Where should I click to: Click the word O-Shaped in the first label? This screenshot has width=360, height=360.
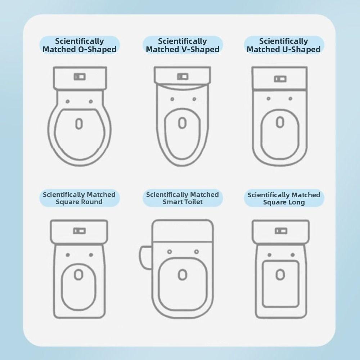[x=97, y=50]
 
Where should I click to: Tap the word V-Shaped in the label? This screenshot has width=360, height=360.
[x=201, y=50]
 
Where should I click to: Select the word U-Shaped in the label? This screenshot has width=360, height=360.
[x=302, y=50]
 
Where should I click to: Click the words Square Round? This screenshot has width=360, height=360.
[x=79, y=202]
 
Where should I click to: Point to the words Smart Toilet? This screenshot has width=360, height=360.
[x=183, y=202]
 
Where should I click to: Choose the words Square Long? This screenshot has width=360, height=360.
[x=284, y=202]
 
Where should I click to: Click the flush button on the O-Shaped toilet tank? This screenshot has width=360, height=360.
[x=80, y=77]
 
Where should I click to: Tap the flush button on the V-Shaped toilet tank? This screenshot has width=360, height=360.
[x=183, y=77]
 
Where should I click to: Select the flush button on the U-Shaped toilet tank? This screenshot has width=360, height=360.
[x=280, y=79]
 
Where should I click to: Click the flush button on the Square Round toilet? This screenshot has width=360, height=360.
[x=79, y=231]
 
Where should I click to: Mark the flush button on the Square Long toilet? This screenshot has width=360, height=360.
[x=281, y=231]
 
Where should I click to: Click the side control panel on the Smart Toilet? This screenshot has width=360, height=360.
[x=145, y=256]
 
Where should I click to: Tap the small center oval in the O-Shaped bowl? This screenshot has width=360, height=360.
[x=79, y=123]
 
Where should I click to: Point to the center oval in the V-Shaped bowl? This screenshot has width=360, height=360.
[x=183, y=123]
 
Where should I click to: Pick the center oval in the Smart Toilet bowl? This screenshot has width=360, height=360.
[x=183, y=275]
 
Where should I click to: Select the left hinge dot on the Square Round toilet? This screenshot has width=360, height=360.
[x=68, y=255]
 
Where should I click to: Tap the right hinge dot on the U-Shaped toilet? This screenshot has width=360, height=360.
[x=290, y=99]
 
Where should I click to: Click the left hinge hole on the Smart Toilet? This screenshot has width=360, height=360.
[x=170, y=252]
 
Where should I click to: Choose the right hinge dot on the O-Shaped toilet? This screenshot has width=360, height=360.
[x=91, y=102]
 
